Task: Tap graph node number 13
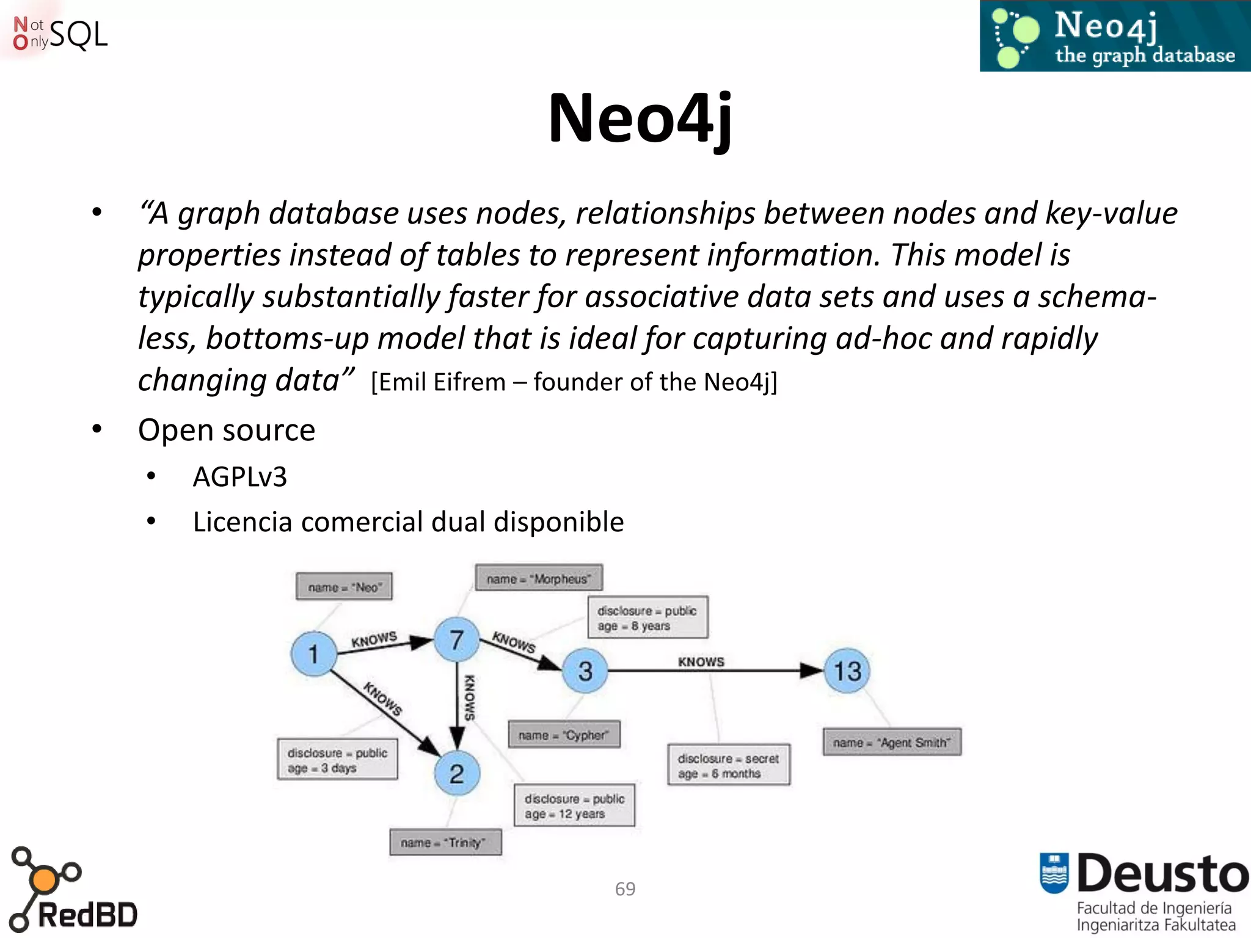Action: tap(847, 671)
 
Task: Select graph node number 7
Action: tap(456, 640)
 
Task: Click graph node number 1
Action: tap(313, 654)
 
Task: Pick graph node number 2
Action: tap(456, 774)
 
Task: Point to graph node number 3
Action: tap(585, 671)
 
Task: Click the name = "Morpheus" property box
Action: tap(539, 578)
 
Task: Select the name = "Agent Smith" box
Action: tap(892, 742)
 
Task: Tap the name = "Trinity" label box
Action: tap(445, 842)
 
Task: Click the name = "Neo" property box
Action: tap(344, 587)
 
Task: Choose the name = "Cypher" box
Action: tap(564, 735)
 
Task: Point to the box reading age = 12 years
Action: tap(574, 806)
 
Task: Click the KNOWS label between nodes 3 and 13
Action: tap(701, 661)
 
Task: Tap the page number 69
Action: tap(625, 889)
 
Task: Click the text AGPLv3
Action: tap(239, 477)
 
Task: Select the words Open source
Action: tap(227, 430)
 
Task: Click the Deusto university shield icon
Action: tap(1054, 873)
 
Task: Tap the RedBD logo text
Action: tap(87, 915)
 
